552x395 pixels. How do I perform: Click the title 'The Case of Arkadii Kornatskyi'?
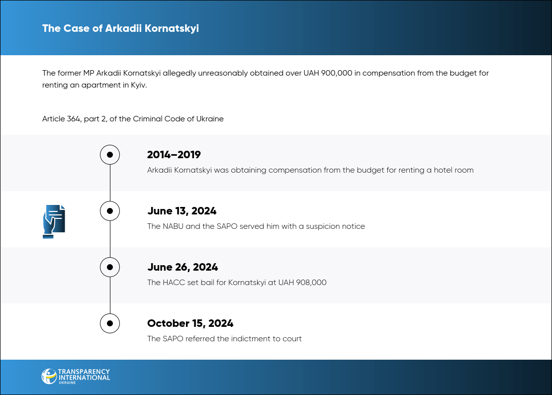click(x=120, y=28)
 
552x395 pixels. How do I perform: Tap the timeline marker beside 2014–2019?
click(x=110, y=155)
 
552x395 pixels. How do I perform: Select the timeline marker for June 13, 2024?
click(x=110, y=211)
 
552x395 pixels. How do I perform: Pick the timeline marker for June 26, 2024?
click(x=110, y=267)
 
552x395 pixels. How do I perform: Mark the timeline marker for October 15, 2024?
click(x=110, y=323)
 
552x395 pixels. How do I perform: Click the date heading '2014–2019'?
click(x=174, y=155)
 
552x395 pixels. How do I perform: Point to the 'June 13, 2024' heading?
click(x=182, y=211)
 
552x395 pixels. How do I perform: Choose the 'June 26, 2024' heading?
click(x=183, y=267)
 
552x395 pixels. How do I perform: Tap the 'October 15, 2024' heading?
click(x=190, y=323)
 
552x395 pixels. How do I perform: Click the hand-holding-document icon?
click(x=54, y=222)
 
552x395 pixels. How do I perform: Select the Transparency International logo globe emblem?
click(x=49, y=376)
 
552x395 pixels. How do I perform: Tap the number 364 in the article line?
click(x=74, y=118)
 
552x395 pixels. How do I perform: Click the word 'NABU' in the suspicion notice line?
click(x=173, y=226)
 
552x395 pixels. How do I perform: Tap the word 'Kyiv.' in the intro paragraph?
click(x=139, y=85)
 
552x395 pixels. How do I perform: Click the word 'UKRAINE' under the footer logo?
click(x=67, y=383)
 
